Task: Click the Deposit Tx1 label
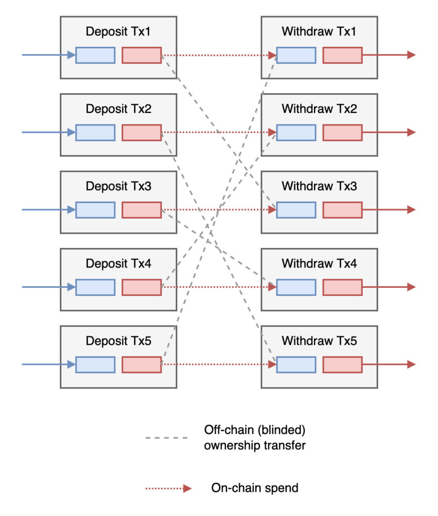tap(118, 31)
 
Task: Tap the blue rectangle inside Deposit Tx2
tap(95, 133)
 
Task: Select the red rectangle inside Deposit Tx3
tap(141, 210)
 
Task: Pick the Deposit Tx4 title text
tap(118, 263)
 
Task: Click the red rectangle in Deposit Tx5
tap(141, 364)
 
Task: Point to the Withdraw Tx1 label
tap(319, 31)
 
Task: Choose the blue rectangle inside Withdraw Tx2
tap(296, 133)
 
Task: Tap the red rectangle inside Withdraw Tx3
tap(342, 210)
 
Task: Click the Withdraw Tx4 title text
tap(319, 263)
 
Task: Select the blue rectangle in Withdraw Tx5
tap(296, 364)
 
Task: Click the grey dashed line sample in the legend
tap(166, 438)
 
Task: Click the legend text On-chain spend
tap(255, 488)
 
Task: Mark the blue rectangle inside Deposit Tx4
tap(95, 287)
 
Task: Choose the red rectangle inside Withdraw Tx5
tap(342, 364)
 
